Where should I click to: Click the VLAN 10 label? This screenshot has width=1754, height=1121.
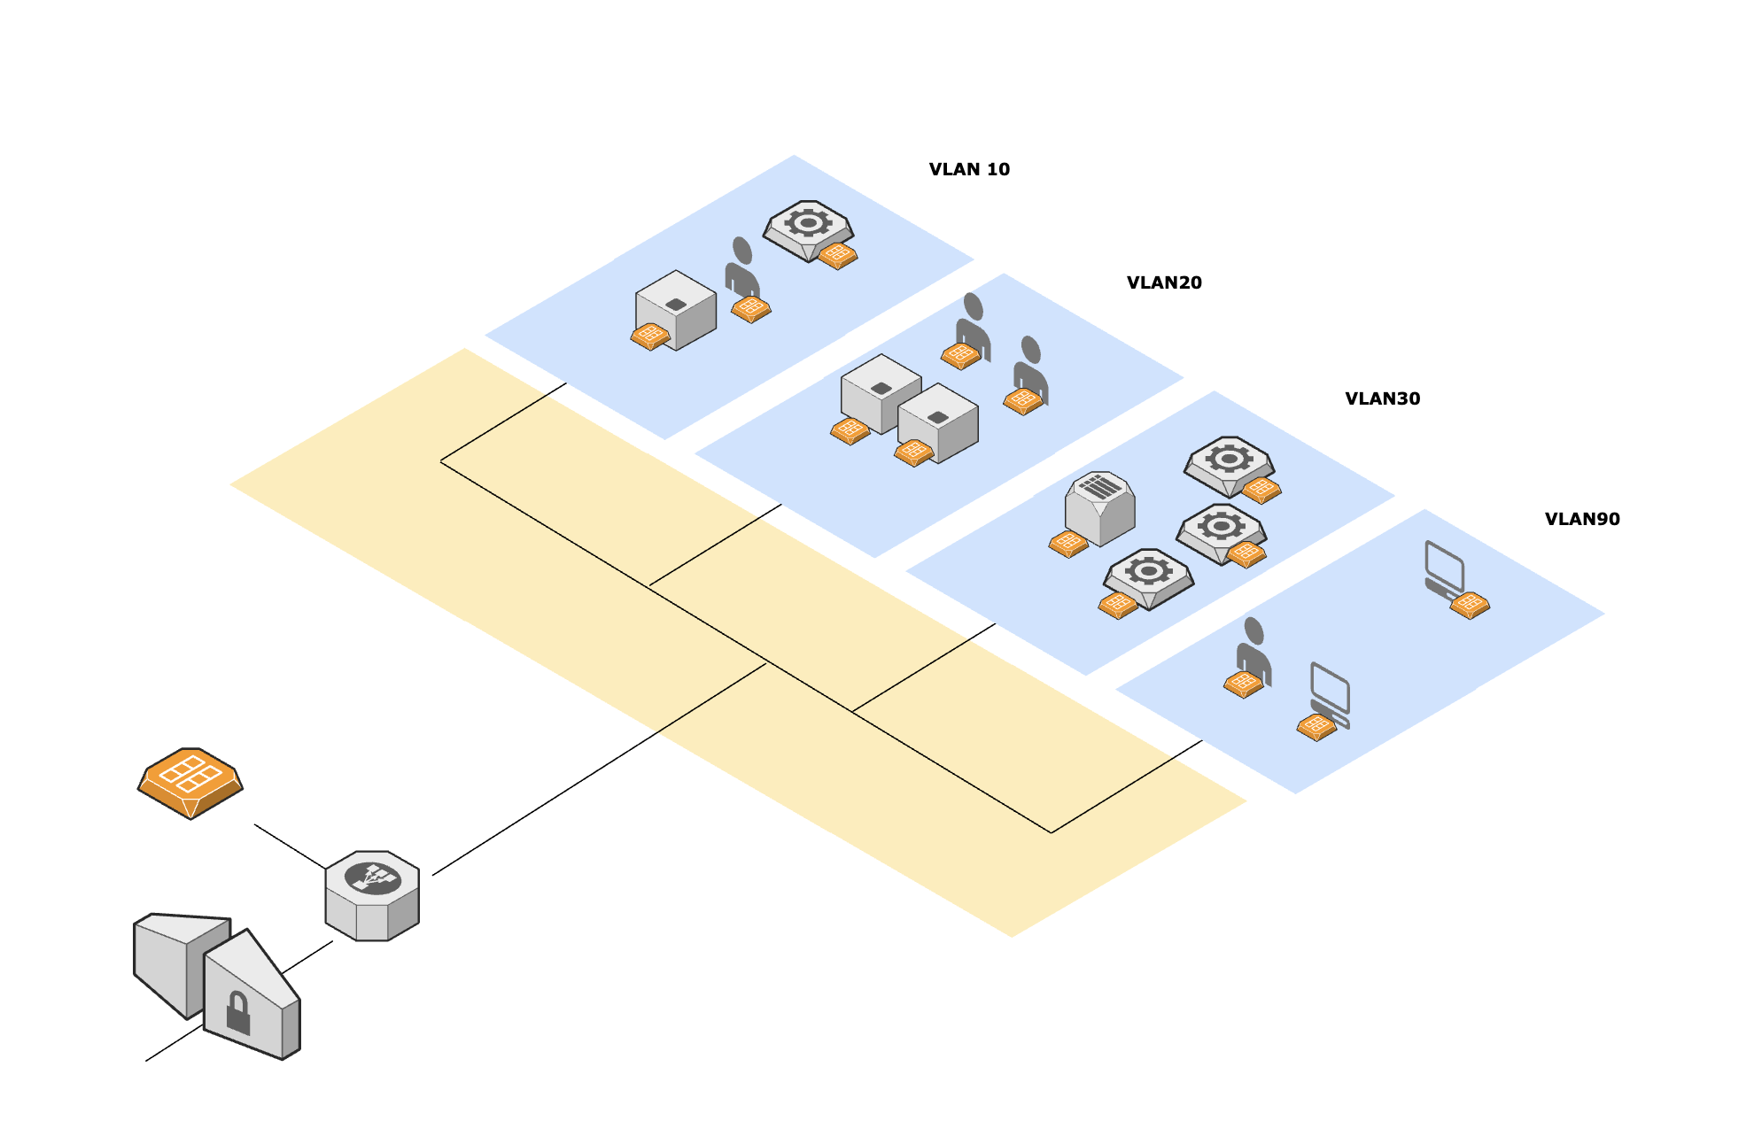[x=969, y=169]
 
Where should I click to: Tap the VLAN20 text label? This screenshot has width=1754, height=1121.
[x=1164, y=282]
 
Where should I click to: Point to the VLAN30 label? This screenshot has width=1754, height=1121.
[x=1382, y=398]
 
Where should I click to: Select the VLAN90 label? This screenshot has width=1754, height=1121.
[x=1582, y=519]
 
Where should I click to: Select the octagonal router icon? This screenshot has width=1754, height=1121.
[x=372, y=896]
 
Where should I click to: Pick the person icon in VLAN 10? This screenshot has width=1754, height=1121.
[x=741, y=267]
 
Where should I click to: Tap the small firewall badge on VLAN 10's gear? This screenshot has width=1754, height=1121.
[x=837, y=256]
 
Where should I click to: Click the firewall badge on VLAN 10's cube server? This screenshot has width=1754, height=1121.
[x=650, y=336]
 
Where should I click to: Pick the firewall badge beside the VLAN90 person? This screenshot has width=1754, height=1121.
[x=1244, y=684]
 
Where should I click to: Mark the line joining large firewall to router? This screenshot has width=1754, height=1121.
[x=290, y=847]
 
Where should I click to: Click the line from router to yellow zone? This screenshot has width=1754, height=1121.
[x=599, y=769]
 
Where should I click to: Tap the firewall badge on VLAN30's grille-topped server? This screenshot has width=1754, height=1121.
[x=1068, y=544]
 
